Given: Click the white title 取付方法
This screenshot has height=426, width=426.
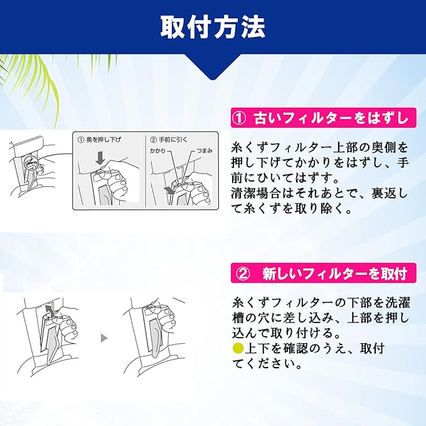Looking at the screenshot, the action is click(213, 28).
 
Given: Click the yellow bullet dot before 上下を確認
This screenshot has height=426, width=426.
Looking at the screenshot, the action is click(238, 348).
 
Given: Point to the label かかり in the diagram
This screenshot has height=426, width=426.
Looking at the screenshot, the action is click(158, 151).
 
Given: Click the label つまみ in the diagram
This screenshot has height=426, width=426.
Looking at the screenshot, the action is click(205, 151).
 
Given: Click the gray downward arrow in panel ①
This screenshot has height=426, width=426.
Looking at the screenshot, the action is click(100, 158).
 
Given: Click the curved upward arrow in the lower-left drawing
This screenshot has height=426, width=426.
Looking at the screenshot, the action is click(49, 311).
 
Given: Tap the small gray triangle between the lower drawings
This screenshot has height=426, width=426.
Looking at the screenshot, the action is click(104, 338).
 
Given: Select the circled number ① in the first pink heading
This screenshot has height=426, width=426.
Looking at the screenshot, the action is click(240, 119).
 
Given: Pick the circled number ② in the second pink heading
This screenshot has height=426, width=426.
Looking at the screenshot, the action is click(243, 274).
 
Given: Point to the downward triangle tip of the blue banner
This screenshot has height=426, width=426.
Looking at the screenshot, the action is click(213, 79).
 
